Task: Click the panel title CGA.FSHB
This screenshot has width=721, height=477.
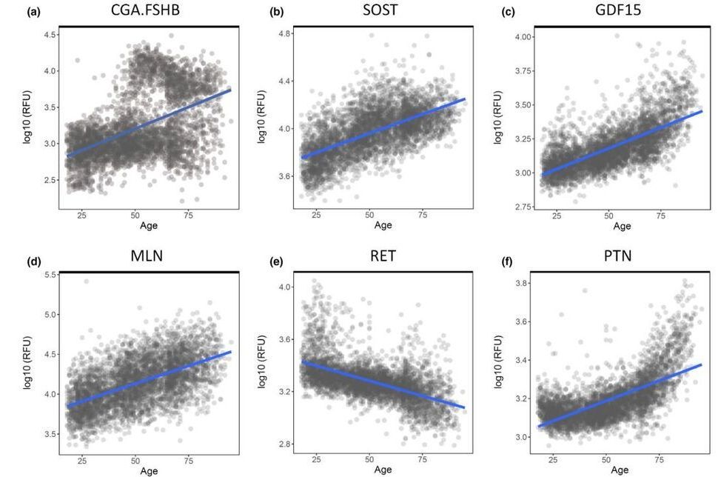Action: (x=148, y=12)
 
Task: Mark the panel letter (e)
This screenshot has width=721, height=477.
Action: (x=276, y=261)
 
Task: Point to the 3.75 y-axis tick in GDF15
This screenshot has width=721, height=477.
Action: (x=524, y=72)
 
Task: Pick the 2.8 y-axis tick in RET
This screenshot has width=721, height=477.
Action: (x=286, y=444)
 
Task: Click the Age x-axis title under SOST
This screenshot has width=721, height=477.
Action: (x=383, y=224)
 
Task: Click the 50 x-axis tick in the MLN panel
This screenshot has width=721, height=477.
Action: (x=135, y=459)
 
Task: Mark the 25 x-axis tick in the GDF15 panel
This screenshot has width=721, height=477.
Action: (x=557, y=216)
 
